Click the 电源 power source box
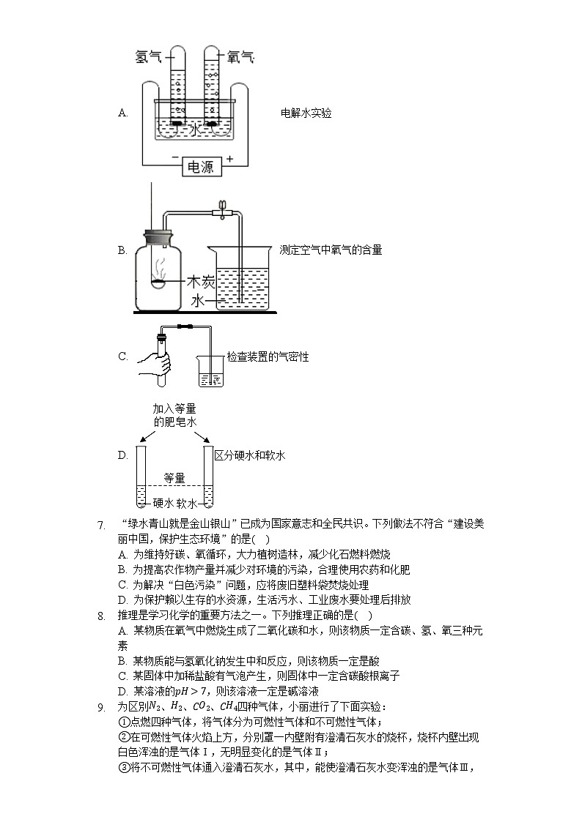point(201,166)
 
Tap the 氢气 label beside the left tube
point(150,56)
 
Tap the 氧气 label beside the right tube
point(241,56)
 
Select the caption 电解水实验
point(306,113)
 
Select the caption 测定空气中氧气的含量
point(331,250)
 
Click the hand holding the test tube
point(155,360)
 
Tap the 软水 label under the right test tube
point(188,504)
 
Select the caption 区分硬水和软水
point(249,455)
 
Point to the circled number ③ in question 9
point(123,768)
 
